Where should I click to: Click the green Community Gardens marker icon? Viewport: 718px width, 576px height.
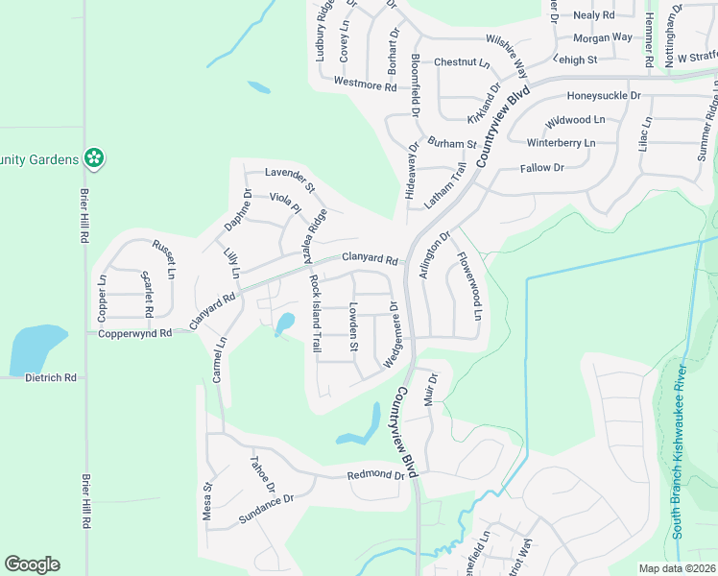tap(94, 157)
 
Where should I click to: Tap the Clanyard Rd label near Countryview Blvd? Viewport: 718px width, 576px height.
tap(370, 259)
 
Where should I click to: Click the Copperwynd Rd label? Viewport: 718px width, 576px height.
tap(134, 333)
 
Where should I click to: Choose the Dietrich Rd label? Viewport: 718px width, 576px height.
tap(50, 378)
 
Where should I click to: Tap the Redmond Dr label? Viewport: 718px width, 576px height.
tap(376, 475)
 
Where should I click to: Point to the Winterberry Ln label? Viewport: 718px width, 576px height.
tap(562, 143)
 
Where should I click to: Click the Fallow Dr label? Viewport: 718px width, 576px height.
tap(541, 168)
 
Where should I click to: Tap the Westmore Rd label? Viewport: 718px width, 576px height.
tap(365, 84)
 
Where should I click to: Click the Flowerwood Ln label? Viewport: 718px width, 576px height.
tap(468, 285)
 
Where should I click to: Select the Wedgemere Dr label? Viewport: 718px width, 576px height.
tap(392, 334)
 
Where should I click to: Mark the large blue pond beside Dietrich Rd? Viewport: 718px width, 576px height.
tap(36, 349)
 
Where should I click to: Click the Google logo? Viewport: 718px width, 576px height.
tap(32, 564)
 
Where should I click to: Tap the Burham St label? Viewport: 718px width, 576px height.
tap(452, 144)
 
